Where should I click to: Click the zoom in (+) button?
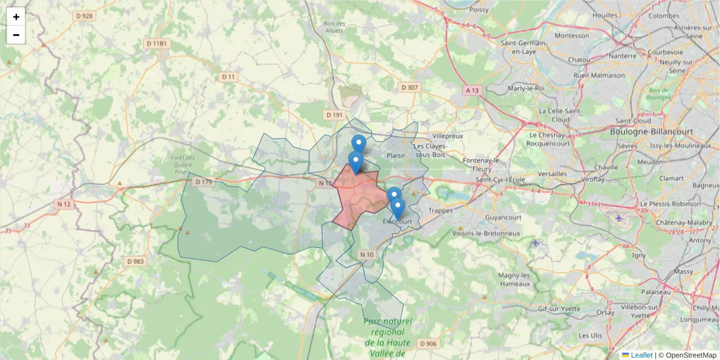click(16, 17)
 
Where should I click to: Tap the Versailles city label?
click(553, 173)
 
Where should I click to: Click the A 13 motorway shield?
click(473, 91)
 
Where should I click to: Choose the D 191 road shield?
click(334, 115)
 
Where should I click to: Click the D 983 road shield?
click(136, 262)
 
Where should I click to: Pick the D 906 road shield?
click(428, 343)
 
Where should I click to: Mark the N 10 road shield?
click(367, 255)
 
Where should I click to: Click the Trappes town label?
click(441, 211)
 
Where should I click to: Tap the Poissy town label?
click(479, 10)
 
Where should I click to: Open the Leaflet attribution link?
click(641, 355)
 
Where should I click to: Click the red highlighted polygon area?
click(357, 195)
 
